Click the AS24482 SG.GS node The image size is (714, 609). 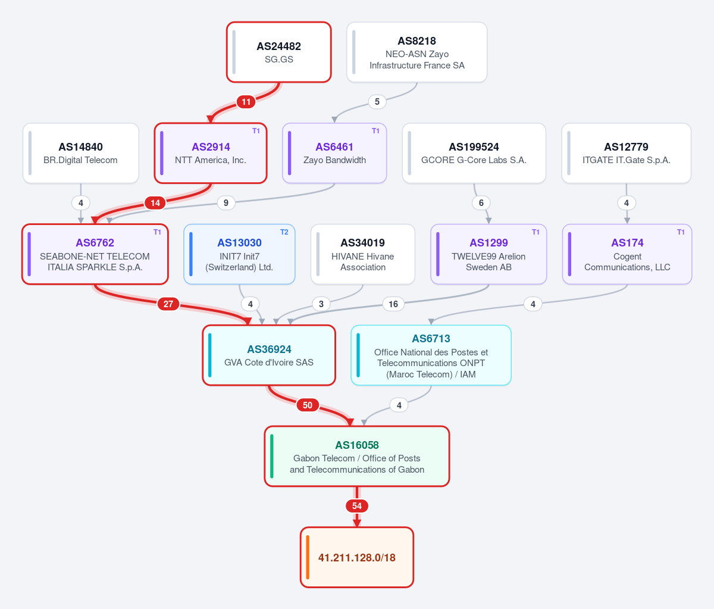point(279,52)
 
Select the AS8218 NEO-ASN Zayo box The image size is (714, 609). point(417,52)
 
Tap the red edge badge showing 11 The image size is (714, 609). point(246,102)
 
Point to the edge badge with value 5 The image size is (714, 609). point(377,102)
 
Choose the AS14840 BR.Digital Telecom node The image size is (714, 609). point(81,153)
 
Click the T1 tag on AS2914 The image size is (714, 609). point(256,131)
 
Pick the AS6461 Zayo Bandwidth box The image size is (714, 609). point(334,153)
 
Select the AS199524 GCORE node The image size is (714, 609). point(474,153)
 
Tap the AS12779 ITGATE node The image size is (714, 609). point(627,153)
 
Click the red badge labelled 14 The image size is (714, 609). point(155,203)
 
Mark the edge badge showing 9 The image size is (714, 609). point(226,203)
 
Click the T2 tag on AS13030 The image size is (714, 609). point(284,232)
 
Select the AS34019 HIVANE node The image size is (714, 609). point(363,254)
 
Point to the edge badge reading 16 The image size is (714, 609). point(393,304)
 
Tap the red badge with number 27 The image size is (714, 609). point(168,304)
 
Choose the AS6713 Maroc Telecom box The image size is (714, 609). point(431,355)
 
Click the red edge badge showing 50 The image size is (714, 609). point(308,405)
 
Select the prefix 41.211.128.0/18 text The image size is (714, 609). point(357,557)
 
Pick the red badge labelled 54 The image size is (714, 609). point(357,506)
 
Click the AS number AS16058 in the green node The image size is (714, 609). point(357,445)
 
